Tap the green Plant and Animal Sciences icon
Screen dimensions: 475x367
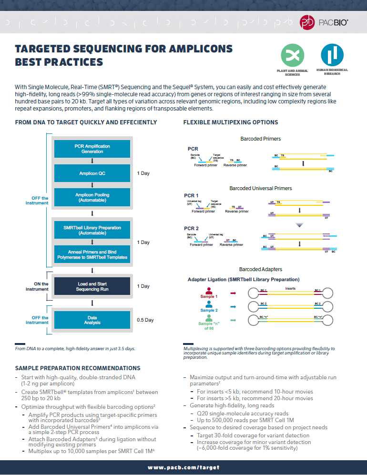point(292,55)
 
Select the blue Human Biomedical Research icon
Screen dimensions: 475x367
point(332,55)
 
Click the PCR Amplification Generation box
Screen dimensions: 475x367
point(92,149)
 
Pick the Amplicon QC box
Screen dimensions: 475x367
point(92,173)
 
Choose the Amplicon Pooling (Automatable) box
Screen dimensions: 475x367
point(92,197)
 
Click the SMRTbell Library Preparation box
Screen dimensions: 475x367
point(92,230)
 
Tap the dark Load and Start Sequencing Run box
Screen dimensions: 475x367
point(92,286)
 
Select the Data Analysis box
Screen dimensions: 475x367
point(92,320)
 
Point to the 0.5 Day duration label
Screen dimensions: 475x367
point(145,320)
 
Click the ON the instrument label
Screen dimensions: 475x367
point(37,286)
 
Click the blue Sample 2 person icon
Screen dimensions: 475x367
point(208,303)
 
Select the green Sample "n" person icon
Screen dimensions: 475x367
point(208,316)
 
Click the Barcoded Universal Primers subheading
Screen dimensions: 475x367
point(260,188)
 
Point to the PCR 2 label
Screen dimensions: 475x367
point(192,228)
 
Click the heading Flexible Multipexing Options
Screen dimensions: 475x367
point(231,122)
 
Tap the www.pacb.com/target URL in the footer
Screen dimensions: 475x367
point(183,468)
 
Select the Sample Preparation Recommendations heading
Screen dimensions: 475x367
point(78,368)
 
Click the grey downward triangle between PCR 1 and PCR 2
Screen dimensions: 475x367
point(299,224)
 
